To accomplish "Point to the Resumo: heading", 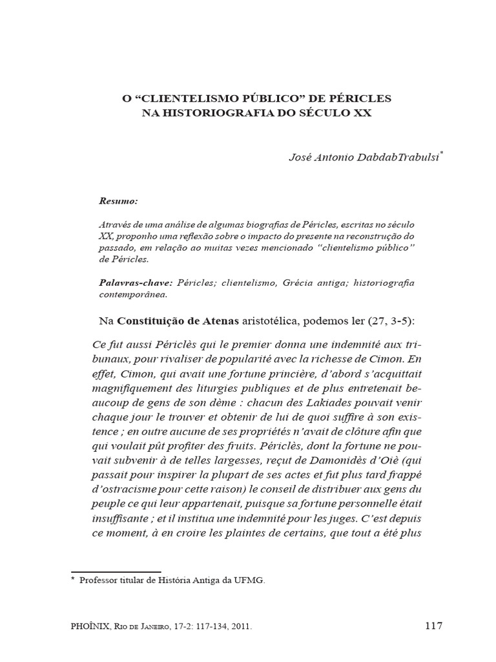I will tap(118, 201).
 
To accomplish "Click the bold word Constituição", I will tap(150, 321).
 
